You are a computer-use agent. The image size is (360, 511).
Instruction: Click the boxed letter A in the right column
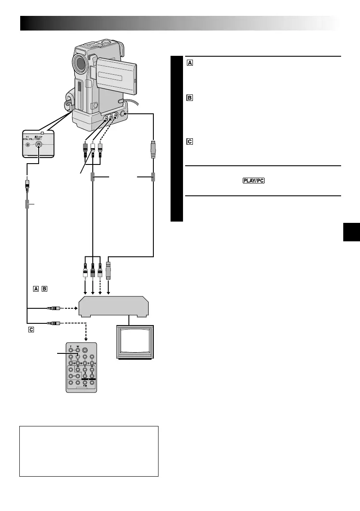coord(189,63)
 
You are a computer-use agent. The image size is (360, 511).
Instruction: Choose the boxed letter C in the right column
coord(189,142)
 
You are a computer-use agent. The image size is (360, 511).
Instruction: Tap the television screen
coord(134,342)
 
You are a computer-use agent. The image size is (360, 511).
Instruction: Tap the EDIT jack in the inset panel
coord(40,145)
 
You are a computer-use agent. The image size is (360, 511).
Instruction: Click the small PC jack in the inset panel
coord(28,145)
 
